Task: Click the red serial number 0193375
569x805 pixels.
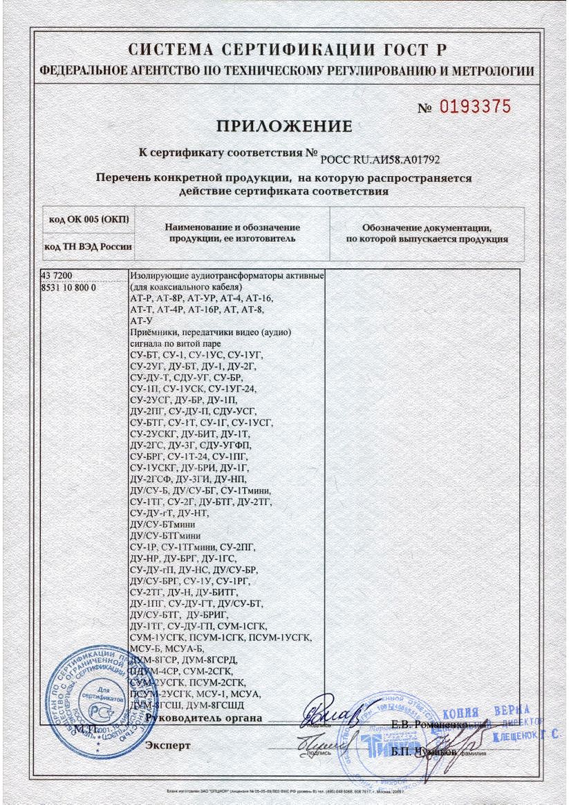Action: tap(475, 106)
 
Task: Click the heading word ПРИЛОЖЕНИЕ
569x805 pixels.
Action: tap(285, 126)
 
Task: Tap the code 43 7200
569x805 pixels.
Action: tap(59, 275)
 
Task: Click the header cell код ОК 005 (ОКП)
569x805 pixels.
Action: tap(88, 220)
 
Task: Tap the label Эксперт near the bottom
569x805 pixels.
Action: tap(167, 746)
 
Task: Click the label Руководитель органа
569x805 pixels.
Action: tap(204, 718)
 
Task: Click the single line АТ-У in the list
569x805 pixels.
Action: tap(140, 321)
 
